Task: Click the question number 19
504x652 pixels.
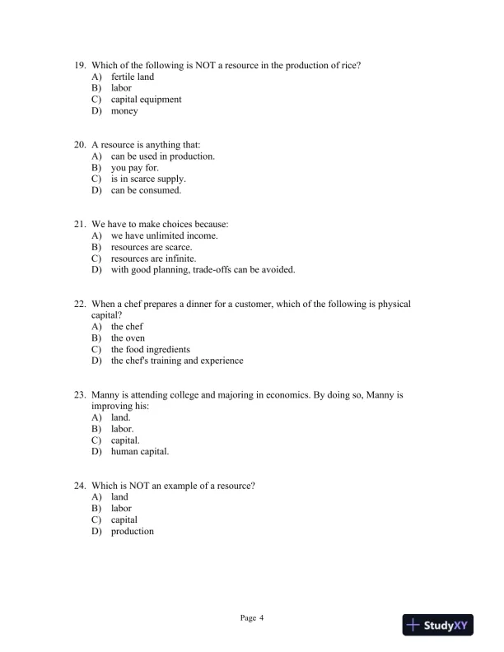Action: pyautogui.click(x=80, y=65)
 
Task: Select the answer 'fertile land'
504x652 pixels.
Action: pyautogui.click(x=133, y=77)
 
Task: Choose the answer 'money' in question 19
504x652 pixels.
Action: pyautogui.click(x=124, y=111)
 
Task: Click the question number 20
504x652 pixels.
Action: pyautogui.click(x=80, y=145)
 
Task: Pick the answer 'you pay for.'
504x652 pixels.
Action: pyautogui.click(x=135, y=168)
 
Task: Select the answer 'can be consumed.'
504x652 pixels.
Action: pyautogui.click(x=146, y=191)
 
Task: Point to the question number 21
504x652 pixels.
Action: pyautogui.click(x=80, y=224)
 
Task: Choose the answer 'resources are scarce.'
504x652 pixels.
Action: pyautogui.click(x=152, y=247)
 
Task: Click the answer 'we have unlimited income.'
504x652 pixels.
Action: pyautogui.click(x=165, y=235)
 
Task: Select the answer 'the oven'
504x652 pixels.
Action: pyautogui.click(x=128, y=338)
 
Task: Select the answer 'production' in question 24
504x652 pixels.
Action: pyautogui.click(x=133, y=531)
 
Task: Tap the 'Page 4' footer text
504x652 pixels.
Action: pyautogui.click(x=251, y=617)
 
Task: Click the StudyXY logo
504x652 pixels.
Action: pyautogui.click(x=443, y=626)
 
